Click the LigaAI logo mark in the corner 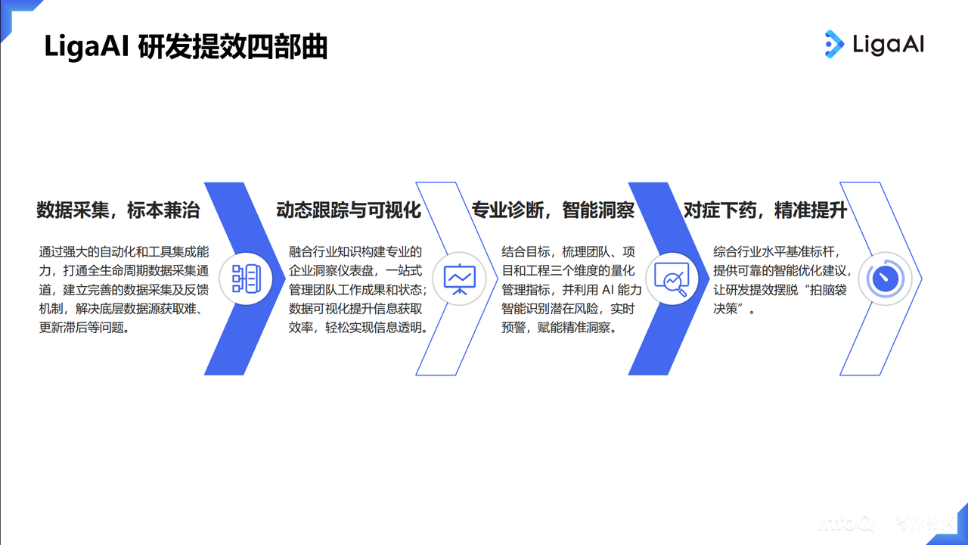click(834, 44)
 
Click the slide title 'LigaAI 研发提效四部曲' click(186, 47)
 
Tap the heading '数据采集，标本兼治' click(118, 210)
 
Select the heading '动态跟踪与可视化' click(349, 210)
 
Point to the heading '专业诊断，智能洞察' click(553, 210)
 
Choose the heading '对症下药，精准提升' click(765, 210)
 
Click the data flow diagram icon click(247, 279)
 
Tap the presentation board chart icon click(459, 279)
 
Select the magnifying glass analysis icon click(672, 279)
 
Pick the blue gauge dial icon click(885, 279)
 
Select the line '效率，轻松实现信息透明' click(355, 328)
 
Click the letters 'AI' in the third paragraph click(607, 289)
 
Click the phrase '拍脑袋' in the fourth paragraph click(828, 289)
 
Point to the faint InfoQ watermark click(886, 523)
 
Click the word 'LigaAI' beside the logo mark click(889, 45)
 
